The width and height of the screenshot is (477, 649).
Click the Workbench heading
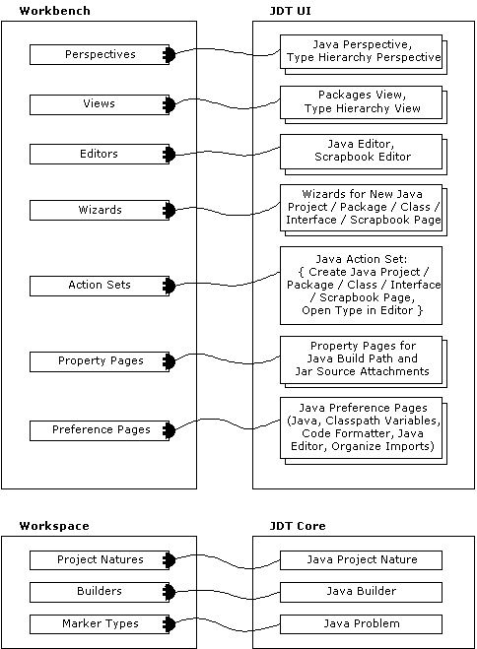(x=54, y=11)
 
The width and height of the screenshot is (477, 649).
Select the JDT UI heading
(x=290, y=11)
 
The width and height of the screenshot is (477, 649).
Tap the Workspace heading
(x=54, y=526)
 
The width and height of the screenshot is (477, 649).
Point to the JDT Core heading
(x=298, y=526)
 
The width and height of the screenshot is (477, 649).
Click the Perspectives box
(x=100, y=54)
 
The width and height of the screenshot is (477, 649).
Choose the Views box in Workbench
(x=100, y=104)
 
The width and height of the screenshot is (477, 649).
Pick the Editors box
(x=100, y=154)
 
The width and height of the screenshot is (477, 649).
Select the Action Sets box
(x=100, y=286)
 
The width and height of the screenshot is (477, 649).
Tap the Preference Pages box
(x=100, y=430)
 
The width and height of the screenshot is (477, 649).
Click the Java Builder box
(x=361, y=592)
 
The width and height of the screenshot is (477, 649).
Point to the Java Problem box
(x=361, y=624)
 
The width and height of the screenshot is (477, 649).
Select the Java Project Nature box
(x=361, y=560)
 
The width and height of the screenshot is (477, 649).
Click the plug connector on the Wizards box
(x=169, y=211)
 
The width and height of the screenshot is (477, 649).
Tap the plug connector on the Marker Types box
(x=169, y=624)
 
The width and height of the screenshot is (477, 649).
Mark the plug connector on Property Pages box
(x=169, y=361)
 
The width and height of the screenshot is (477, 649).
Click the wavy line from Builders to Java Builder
(x=228, y=595)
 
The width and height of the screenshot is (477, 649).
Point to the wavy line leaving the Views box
(x=228, y=103)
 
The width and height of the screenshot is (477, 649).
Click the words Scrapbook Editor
(x=363, y=157)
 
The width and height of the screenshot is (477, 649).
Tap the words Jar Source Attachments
(x=363, y=371)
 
